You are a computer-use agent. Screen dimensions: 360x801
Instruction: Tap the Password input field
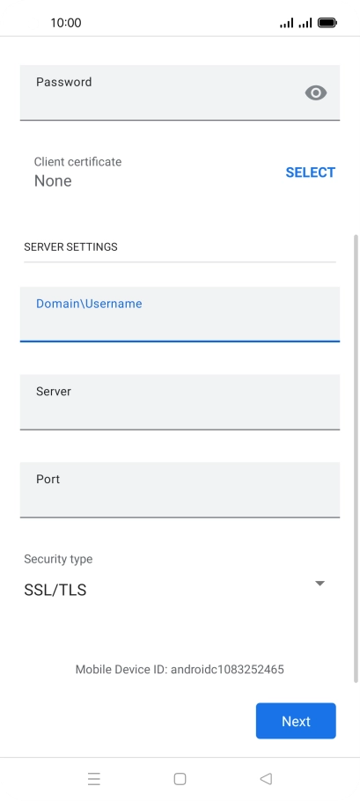[x=180, y=92]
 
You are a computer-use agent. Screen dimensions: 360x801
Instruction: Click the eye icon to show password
[x=316, y=93]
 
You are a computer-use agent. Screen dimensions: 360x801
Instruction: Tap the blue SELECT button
[x=311, y=173]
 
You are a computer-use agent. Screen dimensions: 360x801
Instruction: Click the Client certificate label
[x=77, y=162]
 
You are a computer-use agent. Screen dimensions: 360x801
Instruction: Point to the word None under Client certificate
[x=53, y=180]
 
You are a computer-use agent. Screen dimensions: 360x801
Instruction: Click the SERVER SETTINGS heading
[x=70, y=246]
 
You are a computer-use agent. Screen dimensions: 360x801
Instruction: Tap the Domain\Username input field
[x=180, y=314]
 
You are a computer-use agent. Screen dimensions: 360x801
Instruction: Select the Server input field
[x=180, y=402]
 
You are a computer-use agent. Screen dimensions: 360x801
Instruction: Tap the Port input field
[x=180, y=490]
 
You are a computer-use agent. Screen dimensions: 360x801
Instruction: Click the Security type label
[x=58, y=559]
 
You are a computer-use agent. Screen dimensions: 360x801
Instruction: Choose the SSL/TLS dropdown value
[x=55, y=590]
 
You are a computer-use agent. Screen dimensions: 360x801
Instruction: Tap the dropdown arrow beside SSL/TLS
[x=320, y=584]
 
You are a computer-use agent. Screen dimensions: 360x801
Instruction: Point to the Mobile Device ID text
[x=180, y=669]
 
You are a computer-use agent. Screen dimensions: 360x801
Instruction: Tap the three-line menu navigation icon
[x=94, y=779]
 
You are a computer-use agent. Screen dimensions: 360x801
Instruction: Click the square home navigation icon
[x=180, y=779]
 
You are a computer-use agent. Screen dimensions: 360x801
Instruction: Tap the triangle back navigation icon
[x=266, y=778]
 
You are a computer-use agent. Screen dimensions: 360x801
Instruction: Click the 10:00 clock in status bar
[x=66, y=23]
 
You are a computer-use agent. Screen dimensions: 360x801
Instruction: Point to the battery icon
[x=327, y=23]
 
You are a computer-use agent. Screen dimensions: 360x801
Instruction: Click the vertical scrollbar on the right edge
[x=356, y=459]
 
